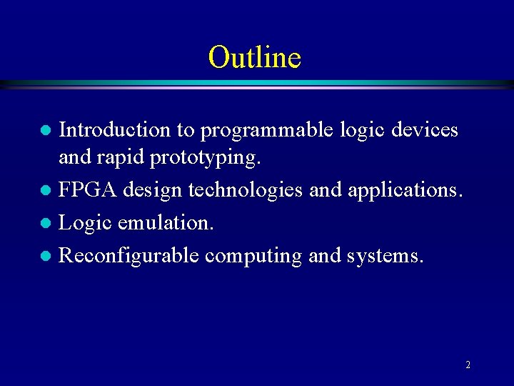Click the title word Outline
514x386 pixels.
pos(255,57)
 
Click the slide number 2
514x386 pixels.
pos(468,365)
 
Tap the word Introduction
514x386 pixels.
pos(114,129)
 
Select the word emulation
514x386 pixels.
pos(165,222)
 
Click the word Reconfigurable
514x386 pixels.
pos(128,255)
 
